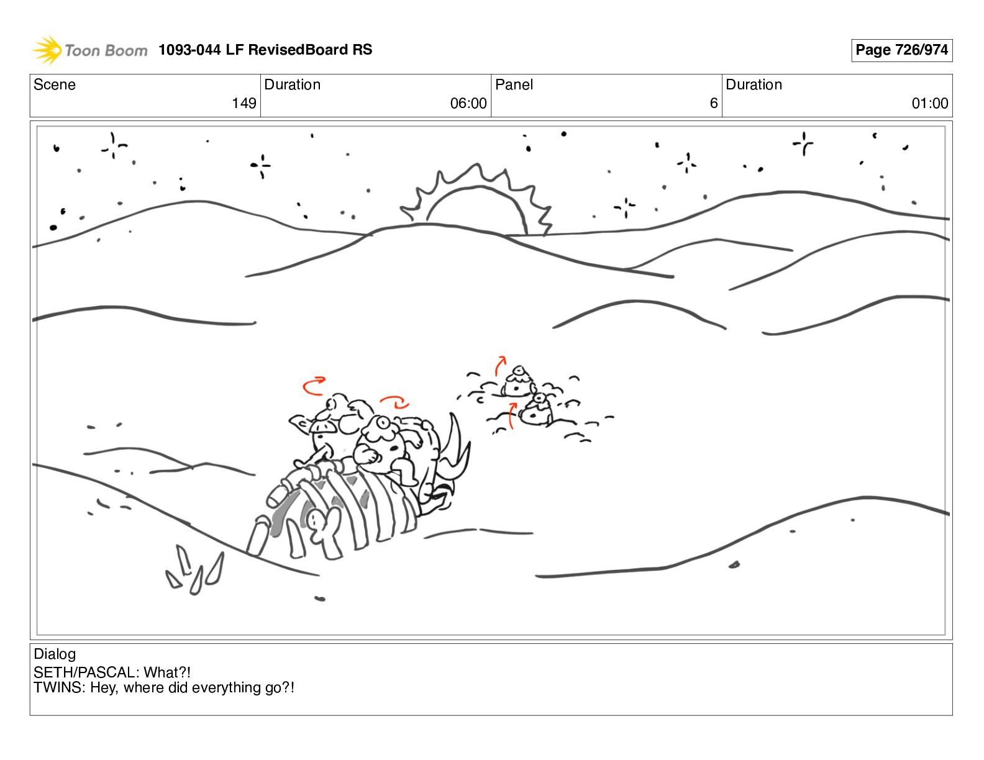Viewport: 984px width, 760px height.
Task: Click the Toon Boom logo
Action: [x=89, y=50]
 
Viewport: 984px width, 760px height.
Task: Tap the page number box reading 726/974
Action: [x=901, y=50]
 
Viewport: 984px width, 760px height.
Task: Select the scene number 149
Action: [x=244, y=103]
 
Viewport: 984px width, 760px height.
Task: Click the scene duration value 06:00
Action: [x=468, y=103]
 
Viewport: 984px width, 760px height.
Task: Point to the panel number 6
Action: [x=714, y=103]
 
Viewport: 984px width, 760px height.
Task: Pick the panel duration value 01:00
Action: [x=930, y=103]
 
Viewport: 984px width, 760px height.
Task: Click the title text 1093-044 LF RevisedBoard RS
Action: [x=265, y=49]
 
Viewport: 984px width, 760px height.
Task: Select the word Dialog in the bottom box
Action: [x=55, y=654]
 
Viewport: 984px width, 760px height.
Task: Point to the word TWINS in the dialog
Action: [x=58, y=687]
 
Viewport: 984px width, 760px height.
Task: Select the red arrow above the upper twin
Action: [x=500, y=366]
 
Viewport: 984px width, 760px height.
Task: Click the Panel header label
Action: [x=514, y=84]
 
